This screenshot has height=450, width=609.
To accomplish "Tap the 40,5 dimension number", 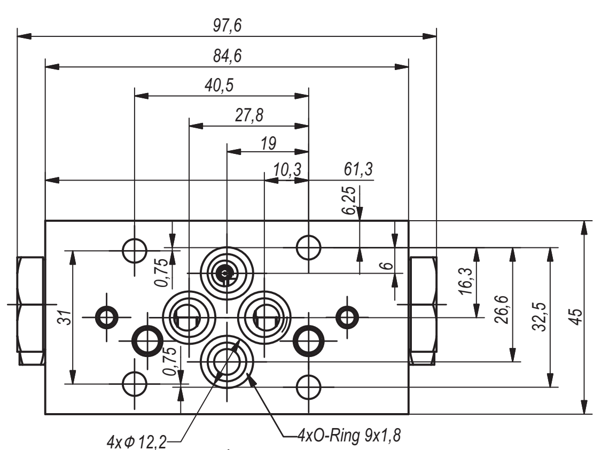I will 221,86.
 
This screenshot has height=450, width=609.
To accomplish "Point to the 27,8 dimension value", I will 249,115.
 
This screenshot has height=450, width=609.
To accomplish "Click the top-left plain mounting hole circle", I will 135,249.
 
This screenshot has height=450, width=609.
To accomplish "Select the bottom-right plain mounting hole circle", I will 309,386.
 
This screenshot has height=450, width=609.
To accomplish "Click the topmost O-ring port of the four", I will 227,272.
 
